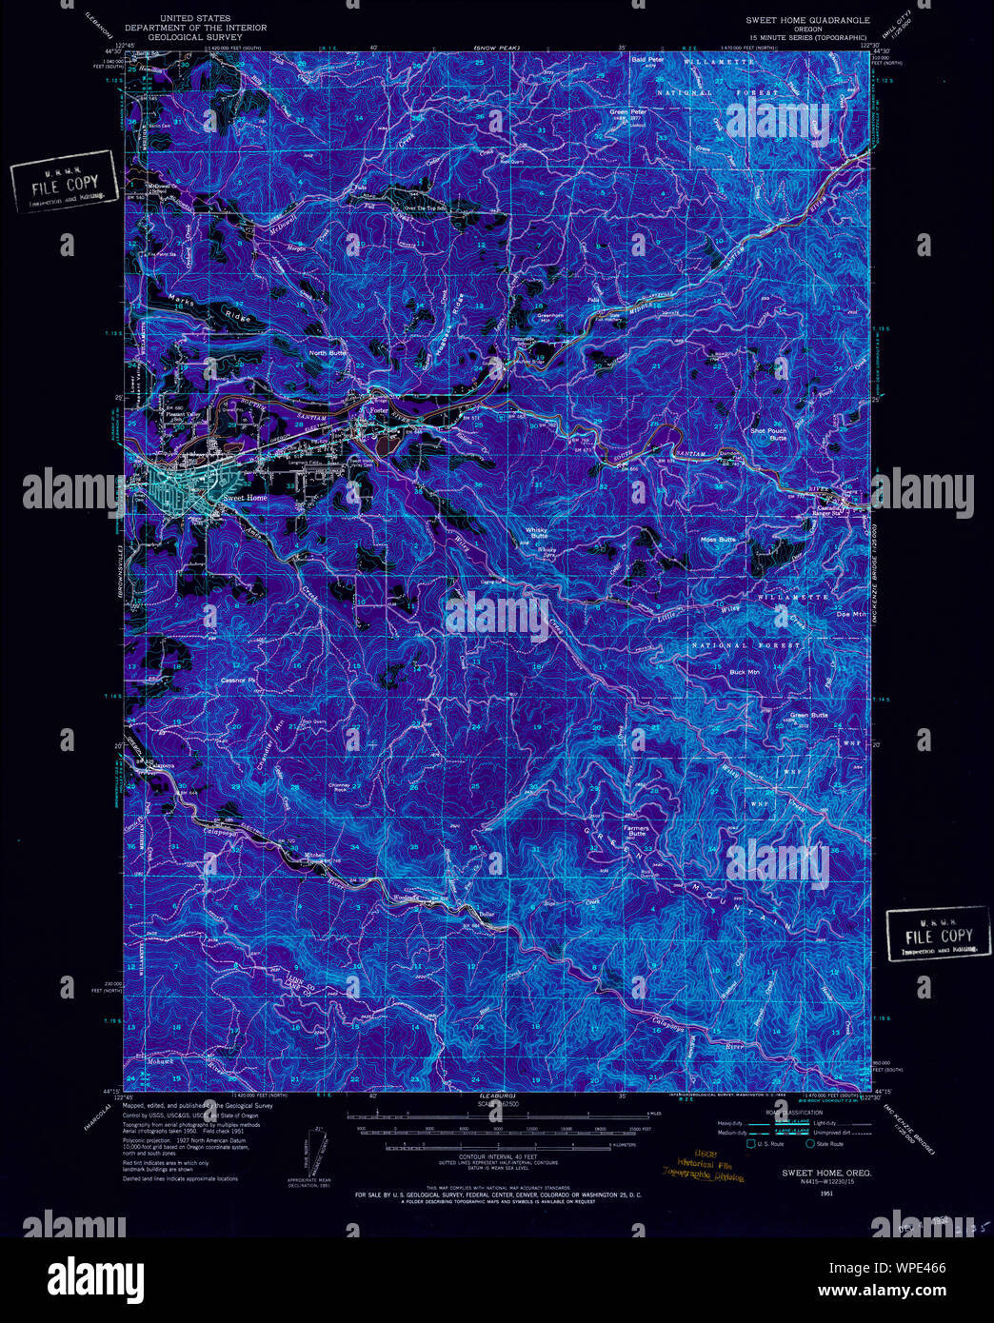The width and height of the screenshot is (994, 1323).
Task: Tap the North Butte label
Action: coord(328,353)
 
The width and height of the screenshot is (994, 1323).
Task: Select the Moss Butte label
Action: coord(719,540)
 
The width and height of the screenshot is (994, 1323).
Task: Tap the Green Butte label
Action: coord(809,715)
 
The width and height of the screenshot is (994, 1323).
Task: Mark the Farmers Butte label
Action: coord(636,831)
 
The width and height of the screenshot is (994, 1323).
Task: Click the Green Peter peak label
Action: coord(628,112)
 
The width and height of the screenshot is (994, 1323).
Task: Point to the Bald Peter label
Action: coord(647,59)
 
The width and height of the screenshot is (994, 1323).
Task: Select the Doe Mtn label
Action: coord(848,614)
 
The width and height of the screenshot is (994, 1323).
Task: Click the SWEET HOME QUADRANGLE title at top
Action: coord(807,19)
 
